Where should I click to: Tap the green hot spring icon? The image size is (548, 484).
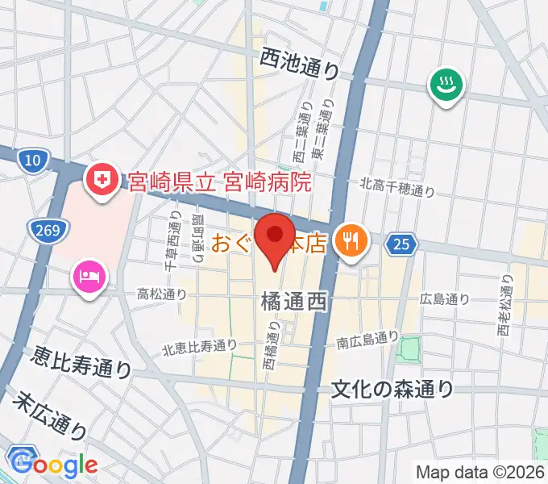[x=445, y=84]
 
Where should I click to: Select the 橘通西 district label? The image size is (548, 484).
[x=293, y=302]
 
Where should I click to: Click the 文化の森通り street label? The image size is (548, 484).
[x=393, y=390]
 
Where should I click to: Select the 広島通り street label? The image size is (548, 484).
[x=444, y=299]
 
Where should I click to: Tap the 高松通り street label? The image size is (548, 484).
[x=161, y=294]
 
